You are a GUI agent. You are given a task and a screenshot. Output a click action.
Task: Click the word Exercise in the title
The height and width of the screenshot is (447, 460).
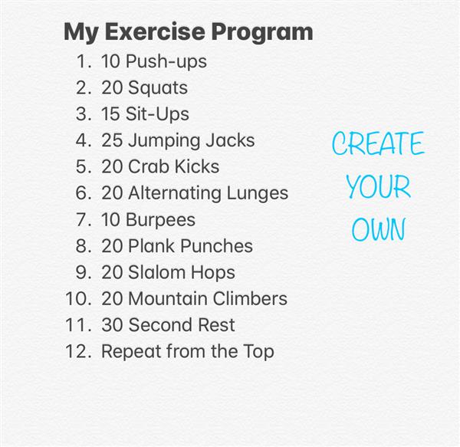(x=155, y=31)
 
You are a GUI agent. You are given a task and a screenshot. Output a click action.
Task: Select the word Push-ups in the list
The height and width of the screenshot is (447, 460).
(x=166, y=62)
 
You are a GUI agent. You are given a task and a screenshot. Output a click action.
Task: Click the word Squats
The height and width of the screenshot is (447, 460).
(x=158, y=88)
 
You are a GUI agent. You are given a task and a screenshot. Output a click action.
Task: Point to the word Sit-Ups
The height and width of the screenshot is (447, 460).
(x=157, y=114)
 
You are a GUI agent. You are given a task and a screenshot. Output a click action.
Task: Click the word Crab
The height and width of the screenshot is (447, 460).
(x=148, y=166)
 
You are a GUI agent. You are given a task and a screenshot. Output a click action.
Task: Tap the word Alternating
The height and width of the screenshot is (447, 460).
(x=175, y=193)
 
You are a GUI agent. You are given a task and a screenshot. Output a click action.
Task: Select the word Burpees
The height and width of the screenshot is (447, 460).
(x=160, y=220)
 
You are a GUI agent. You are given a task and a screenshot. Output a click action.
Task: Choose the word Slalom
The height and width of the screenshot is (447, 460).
(x=156, y=272)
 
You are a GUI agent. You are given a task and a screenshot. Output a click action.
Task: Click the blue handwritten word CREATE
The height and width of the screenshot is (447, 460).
(x=378, y=143)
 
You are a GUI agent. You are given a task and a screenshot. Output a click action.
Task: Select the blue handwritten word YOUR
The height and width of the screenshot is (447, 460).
(x=379, y=186)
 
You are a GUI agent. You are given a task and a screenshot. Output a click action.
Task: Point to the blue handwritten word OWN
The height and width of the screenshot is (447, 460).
(x=379, y=229)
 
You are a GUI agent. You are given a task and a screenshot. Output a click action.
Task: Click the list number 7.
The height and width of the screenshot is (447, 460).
(x=83, y=219)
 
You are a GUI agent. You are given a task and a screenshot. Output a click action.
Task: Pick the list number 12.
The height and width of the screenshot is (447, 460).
(x=77, y=351)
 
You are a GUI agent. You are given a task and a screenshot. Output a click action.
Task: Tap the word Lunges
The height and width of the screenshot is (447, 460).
(x=258, y=193)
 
